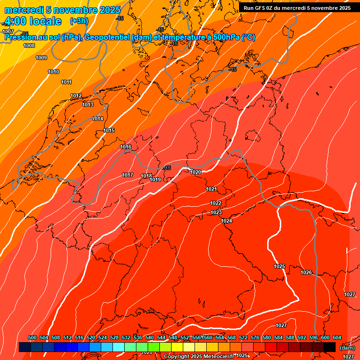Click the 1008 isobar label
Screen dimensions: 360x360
29,45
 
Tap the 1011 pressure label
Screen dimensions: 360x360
66,82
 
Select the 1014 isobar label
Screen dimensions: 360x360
97,119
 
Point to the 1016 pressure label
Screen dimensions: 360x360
126,147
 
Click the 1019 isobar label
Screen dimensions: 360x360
156,180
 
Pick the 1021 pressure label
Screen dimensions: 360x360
211,189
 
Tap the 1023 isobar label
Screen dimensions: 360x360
216,213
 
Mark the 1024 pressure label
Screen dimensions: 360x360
227,221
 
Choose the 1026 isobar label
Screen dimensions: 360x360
306,272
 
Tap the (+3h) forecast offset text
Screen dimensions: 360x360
79,21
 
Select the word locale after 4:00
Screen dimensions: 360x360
45,21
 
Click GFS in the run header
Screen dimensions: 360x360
261,8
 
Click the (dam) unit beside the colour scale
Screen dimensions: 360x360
347,348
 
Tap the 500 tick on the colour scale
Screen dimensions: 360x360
32,338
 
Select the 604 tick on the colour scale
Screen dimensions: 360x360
337,338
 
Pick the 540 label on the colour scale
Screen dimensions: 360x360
150,338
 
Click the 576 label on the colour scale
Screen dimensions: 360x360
255,338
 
